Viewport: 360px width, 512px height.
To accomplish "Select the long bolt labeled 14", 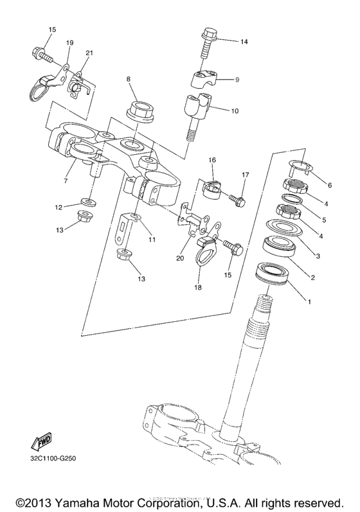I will coord(210,43).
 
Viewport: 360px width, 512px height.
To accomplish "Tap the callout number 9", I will coord(237,80).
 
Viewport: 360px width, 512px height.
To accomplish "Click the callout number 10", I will coord(235,110).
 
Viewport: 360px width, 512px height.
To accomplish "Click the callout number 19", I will coord(70,43).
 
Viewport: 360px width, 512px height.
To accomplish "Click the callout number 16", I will coord(212,160).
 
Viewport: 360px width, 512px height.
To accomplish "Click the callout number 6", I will coord(329,186).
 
